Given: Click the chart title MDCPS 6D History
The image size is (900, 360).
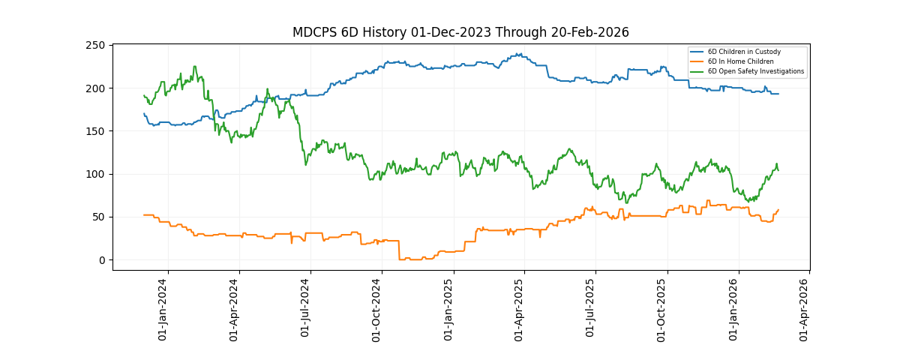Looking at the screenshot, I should coord(460,32).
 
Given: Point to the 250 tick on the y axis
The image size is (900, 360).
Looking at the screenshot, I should coord(94,46).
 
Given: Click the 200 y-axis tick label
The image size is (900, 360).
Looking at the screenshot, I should coord(94,88).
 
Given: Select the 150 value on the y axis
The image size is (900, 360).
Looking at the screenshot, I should coord(94,131).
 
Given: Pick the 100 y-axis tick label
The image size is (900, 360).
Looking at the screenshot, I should coord(94,175).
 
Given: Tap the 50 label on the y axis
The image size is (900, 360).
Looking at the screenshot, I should coord(97,217).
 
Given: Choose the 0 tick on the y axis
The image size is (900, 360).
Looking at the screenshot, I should coord(100,260).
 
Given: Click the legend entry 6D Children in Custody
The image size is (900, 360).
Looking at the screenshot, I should coord(744,52).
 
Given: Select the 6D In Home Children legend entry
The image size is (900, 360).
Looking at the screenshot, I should coord(740,61).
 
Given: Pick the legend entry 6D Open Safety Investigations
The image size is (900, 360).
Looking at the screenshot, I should coord(755,71).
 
